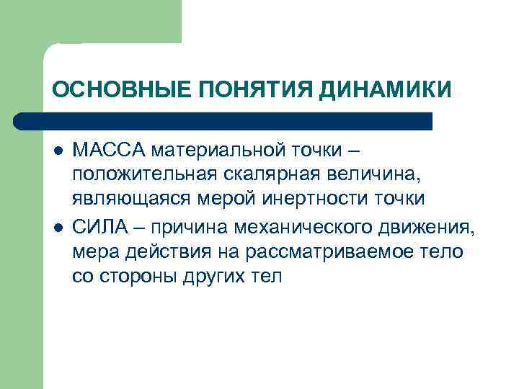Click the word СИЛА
[x=98, y=230]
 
